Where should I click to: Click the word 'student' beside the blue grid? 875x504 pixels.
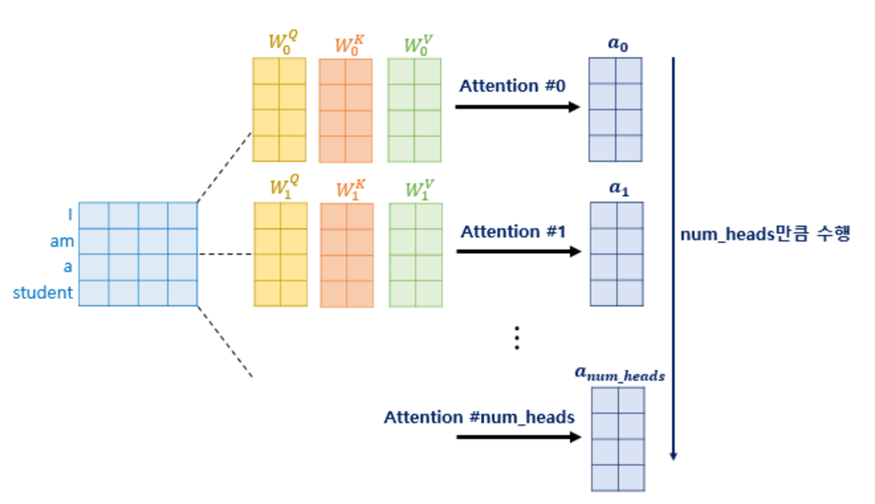click(43, 293)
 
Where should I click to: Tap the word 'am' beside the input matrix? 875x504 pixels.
click(62, 241)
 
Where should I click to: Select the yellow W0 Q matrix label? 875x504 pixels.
click(283, 42)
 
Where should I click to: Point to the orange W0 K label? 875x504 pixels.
click(349, 45)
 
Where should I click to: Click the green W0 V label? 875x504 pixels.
click(418, 45)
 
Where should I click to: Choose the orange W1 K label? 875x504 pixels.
click(350, 189)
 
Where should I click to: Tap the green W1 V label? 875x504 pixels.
click(419, 189)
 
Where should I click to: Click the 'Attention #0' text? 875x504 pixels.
click(512, 86)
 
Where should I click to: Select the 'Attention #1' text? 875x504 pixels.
click(513, 231)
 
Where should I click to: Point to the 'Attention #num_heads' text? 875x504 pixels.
click(479, 417)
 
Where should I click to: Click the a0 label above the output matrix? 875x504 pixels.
click(618, 44)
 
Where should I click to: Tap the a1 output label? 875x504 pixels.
click(619, 189)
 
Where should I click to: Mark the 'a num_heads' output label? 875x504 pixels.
click(619, 374)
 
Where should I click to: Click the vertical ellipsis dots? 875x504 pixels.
click(517, 338)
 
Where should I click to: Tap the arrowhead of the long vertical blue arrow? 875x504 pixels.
click(673, 456)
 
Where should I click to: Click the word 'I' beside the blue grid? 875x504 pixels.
click(70, 214)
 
